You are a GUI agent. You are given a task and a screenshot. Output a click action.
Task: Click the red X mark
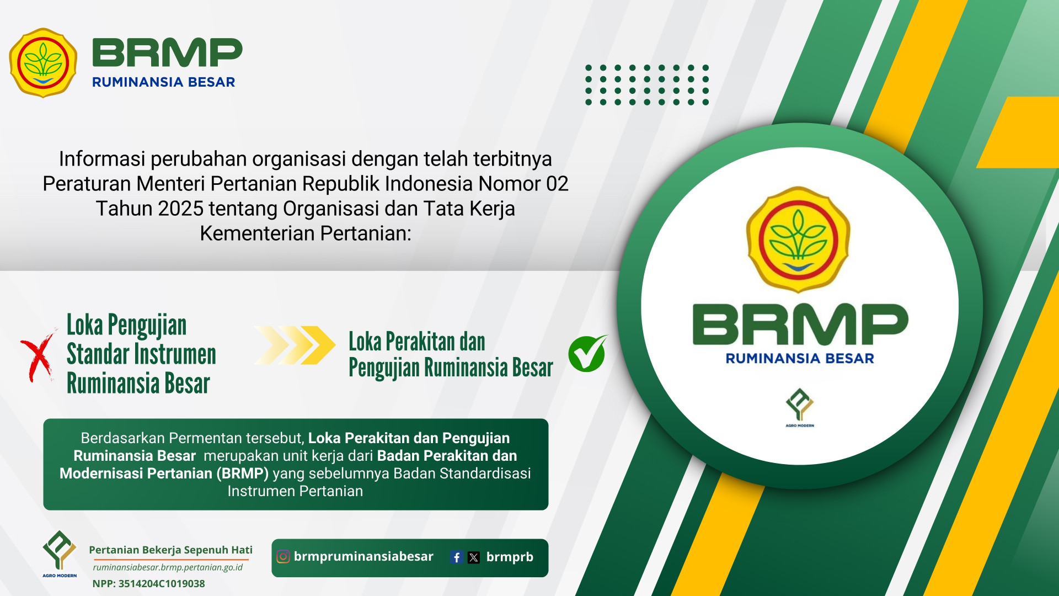click(x=38, y=355)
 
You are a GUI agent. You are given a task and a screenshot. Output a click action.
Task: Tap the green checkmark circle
click(x=587, y=354)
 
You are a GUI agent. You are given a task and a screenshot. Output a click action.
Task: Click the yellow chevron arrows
click(x=295, y=345)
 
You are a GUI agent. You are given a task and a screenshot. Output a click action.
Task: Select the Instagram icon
click(x=283, y=556)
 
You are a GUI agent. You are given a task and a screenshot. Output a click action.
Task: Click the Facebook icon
click(x=456, y=557)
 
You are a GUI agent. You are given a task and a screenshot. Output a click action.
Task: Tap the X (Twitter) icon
click(x=474, y=557)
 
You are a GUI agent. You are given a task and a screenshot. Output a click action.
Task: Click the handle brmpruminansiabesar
click(x=363, y=556)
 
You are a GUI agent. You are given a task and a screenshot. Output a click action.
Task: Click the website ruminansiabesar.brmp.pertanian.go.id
click(x=168, y=567)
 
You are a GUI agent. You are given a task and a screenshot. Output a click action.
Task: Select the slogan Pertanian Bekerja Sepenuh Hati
click(x=170, y=550)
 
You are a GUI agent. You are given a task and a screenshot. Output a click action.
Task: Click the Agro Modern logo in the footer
click(x=60, y=554)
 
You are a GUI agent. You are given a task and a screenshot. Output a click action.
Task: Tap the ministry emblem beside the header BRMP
click(x=43, y=63)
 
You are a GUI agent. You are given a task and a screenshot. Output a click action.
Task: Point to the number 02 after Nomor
click(x=557, y=184)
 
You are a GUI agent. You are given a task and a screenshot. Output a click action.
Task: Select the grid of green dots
click(x=647, y=84)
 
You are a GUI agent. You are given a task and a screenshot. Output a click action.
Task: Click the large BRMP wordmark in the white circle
click(x=800, y=324)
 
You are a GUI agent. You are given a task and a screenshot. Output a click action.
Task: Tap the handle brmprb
click(x=510, y=557)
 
